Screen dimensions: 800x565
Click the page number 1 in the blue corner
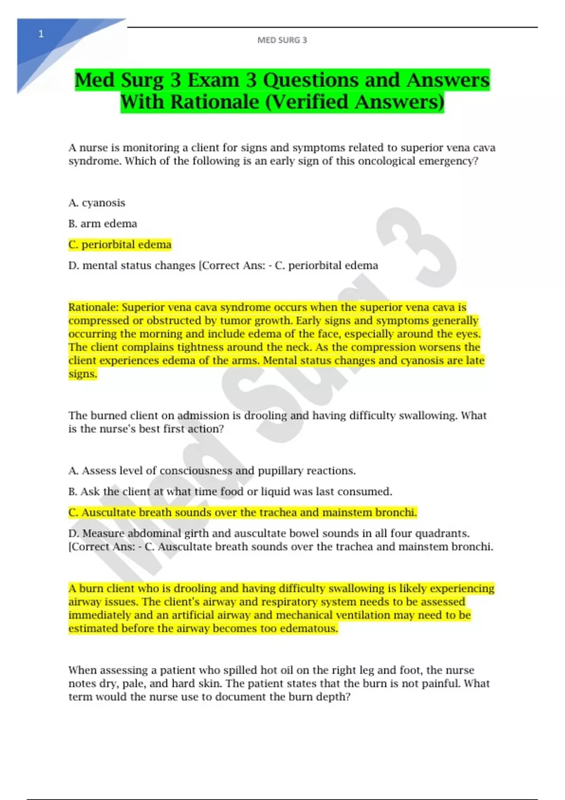coord(41,34)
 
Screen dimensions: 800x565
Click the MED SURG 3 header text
coord(282,40)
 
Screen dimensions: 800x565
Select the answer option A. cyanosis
coord(97,203)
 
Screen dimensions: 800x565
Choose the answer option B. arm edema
coord(103,224)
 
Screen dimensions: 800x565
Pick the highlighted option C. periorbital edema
coord(120,245)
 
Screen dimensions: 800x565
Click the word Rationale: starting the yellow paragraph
coord(93,307)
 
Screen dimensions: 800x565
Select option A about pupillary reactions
coord(212,471)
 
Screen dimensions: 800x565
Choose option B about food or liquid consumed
coord(230,492)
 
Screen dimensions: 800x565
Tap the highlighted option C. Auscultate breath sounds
coord(242,512)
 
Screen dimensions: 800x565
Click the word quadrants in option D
coord(445,533)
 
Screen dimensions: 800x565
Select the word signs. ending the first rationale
coord(82,374)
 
